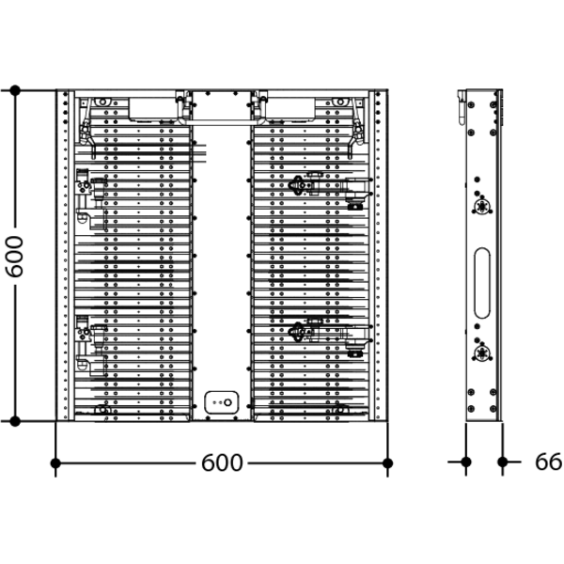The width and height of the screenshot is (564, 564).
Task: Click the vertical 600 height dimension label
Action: [15, 257]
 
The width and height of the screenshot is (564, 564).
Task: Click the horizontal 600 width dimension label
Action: [222, 462]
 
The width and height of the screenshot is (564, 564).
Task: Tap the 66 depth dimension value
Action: [548, 462]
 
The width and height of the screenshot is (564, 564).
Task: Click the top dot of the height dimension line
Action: [15, 90]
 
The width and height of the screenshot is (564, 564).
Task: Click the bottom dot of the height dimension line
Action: [15, 421]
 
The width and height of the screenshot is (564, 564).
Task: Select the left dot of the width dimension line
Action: [55, 462]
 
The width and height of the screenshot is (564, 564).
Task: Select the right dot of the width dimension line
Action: [387, 462]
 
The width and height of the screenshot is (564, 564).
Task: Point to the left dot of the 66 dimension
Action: [466, 462]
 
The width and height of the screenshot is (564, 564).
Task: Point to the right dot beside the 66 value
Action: [503, 462]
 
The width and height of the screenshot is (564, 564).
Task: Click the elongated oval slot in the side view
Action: [482, 283]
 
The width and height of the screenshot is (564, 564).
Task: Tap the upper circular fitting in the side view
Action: [481, 207]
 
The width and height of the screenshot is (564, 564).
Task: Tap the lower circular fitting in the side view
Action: [481, 353]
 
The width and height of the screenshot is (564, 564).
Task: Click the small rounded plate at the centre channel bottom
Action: [222, 402]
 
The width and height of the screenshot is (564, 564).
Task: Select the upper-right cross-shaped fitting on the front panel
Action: [297, 185]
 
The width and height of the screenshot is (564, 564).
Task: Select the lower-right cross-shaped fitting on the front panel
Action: [297, 332]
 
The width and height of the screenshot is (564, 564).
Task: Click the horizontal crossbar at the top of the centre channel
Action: [221, 122]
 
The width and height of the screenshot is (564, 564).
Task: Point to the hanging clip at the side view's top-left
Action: [462, 107]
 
